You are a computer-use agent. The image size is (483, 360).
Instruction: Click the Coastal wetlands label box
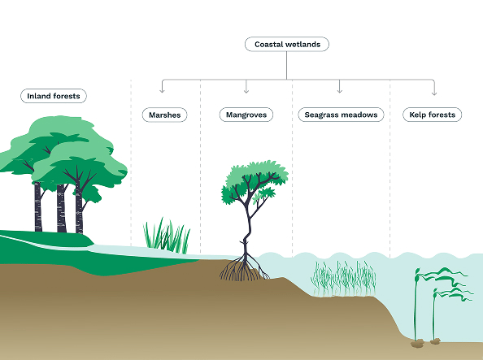pos(286,45)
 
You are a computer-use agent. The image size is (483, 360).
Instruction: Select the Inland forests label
pos(54,96)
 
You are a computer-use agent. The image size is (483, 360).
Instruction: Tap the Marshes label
pos(164,115)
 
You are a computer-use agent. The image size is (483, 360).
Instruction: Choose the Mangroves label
pos(246,115)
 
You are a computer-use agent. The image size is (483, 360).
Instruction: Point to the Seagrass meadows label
pos(340,115)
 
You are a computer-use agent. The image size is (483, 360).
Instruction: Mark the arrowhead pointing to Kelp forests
pos(433,91)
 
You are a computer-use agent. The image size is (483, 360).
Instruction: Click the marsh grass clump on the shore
pos(167,236)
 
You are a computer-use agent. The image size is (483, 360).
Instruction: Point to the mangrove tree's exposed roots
pos(243,269)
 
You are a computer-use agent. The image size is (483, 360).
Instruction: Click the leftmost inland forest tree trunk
pos(37,207)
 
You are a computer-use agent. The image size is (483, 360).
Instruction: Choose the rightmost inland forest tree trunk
pos(80,211)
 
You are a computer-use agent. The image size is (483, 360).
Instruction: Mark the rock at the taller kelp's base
pos(418,343)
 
